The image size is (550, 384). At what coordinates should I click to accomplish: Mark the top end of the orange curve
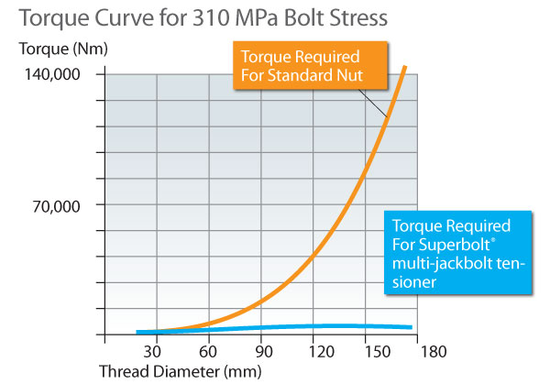click(x=404, y=67)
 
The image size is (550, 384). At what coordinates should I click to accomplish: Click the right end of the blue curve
click(x=410, y=327)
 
